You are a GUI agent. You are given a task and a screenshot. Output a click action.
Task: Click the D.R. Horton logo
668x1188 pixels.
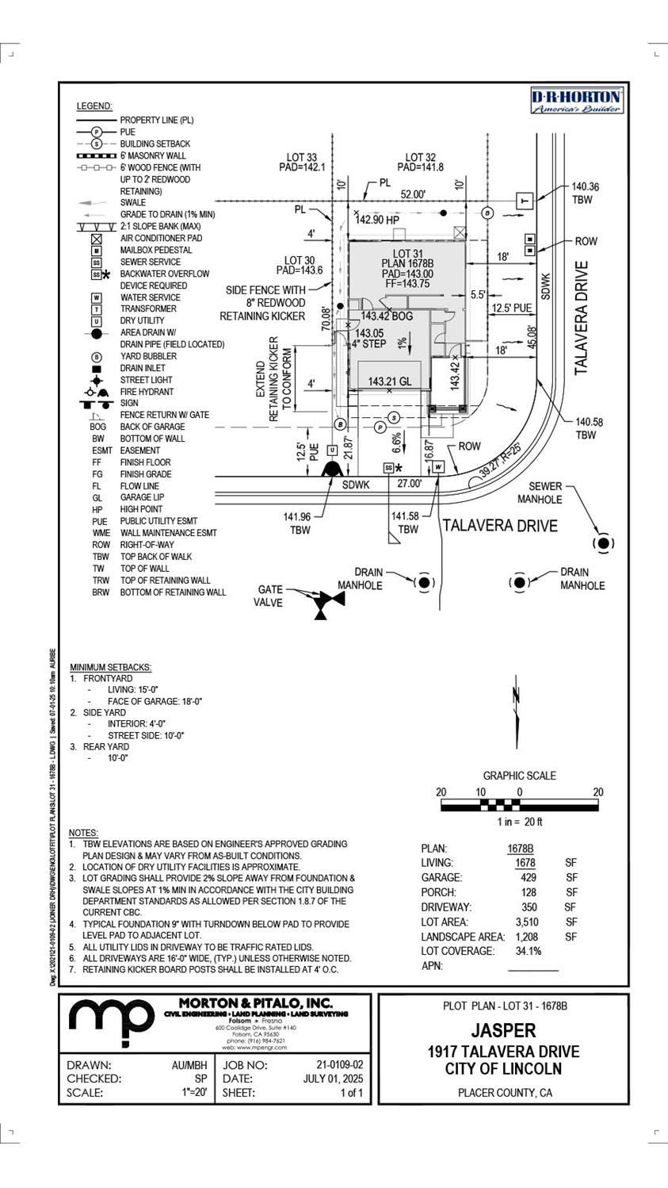576,102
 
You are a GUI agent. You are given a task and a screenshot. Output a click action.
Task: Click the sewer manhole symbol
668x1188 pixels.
604,543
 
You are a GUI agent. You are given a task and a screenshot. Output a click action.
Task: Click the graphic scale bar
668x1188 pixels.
519,806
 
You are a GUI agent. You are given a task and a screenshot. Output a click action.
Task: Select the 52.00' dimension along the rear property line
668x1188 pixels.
412,194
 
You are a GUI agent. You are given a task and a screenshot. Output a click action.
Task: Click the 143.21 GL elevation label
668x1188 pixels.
390,381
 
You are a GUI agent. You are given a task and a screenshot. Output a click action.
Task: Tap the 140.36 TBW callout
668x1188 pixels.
586,194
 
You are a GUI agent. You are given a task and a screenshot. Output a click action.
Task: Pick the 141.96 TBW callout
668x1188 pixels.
300,523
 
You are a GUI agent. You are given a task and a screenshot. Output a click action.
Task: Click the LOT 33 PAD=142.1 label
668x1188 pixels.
301,163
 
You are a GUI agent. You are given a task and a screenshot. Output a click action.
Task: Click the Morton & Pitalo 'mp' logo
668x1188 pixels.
110,1022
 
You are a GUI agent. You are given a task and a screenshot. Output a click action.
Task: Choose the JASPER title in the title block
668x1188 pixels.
503,1030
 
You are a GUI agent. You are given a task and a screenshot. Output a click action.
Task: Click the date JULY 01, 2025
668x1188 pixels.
333,1079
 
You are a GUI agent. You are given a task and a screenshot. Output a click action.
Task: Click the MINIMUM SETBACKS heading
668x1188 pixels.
110,668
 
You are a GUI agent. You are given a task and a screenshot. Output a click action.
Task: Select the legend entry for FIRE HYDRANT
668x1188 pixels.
147,392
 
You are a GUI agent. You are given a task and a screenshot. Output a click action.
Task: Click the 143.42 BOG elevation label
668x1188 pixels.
387,316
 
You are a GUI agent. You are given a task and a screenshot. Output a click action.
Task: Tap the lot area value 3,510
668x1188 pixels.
526,922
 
